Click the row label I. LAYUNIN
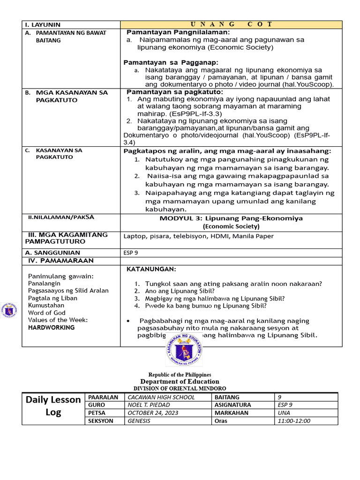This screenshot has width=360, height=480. point(43,25)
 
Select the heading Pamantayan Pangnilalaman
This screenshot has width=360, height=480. point(178,32)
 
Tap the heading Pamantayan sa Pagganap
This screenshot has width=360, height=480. point(171,62)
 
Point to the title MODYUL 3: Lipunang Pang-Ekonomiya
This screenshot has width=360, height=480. point(231,218)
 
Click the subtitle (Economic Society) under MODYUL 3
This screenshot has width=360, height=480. point(231,226)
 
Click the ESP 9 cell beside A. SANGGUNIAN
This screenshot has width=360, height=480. point(131,253)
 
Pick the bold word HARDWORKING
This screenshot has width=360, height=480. point(51,328)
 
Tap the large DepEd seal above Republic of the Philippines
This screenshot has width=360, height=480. point(184,352)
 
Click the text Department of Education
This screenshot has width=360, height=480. point(180,382)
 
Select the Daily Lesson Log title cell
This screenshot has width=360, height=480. point(53,406)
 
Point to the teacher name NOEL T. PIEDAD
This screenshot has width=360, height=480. point(148,405)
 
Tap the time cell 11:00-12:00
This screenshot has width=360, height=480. point(293,421)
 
